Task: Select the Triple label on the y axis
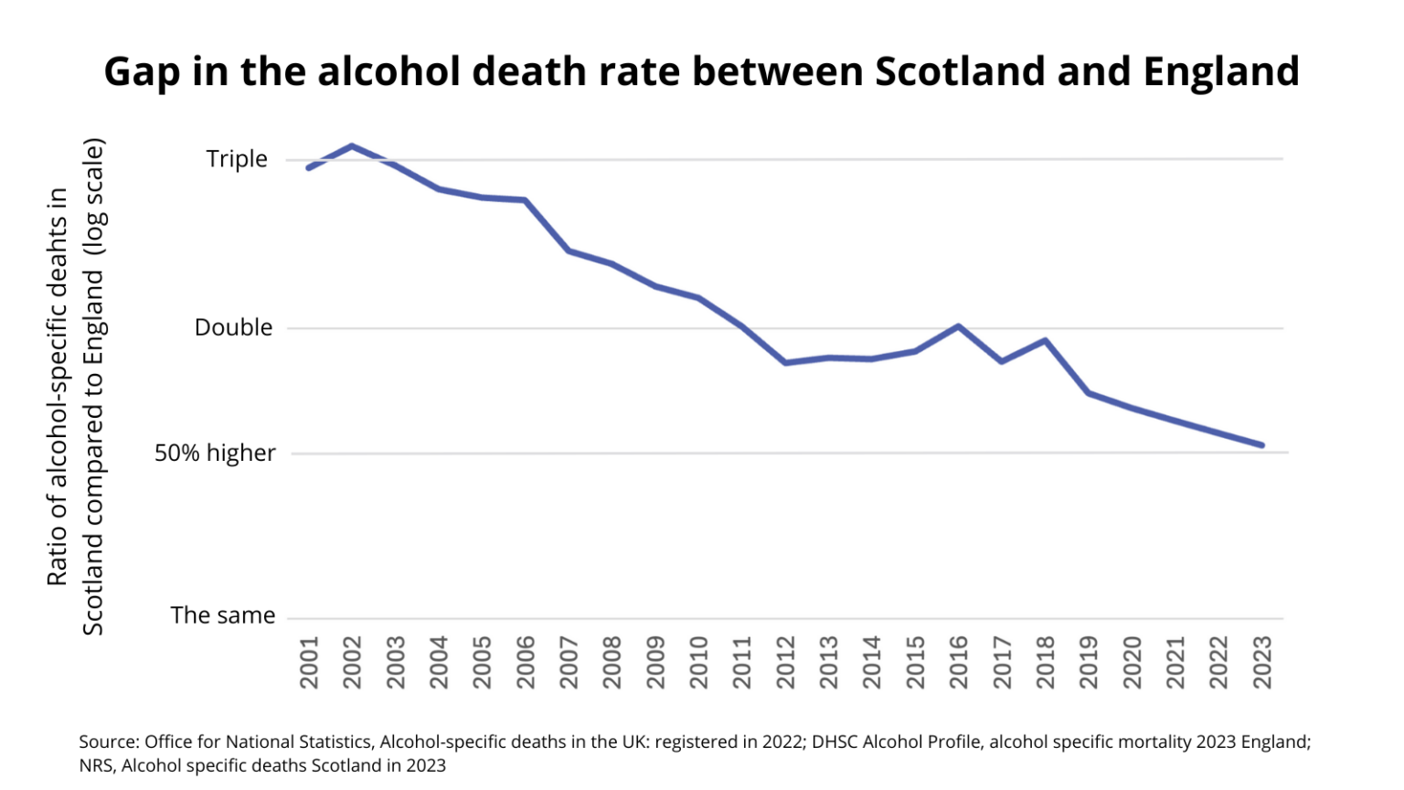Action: [x=237, y=159]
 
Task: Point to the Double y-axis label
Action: [x=233, y=327]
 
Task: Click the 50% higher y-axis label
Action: [x=215, y=453]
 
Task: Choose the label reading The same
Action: [x=222, y=615]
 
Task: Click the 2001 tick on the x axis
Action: [x=309, y=663]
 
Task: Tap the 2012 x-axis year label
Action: [x=785, y=663]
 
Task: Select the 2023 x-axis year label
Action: [x=1262, y=663]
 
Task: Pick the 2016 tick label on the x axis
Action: [x=959, y=663]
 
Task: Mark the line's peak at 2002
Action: [x=352, y=146]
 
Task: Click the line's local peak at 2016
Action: [x=958, y=326]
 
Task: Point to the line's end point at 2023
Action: [x=1262, y=445]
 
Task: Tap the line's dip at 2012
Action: [x=785, y=363]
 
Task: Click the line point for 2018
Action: [x=1045, y=341]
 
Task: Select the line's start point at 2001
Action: [x=309, y=168]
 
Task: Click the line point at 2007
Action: [x=569, y=251]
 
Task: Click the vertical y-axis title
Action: [x=76, y=386]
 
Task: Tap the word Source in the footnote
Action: [x=108, y=742]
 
